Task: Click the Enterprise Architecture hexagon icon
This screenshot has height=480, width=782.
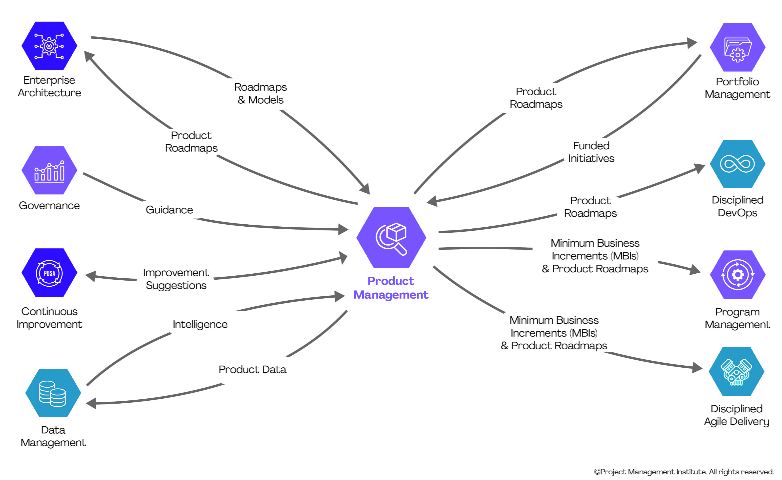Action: (x=49, y=46)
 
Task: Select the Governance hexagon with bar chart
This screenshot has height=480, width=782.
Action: (x=49, y=170)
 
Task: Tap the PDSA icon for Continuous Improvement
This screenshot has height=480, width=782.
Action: (x=49, y=273)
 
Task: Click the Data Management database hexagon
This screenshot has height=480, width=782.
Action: (x=53, y=393)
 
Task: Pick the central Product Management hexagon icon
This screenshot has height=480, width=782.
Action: (x=391, y=238)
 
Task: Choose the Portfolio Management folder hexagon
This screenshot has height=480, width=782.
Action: (x=737, y=47)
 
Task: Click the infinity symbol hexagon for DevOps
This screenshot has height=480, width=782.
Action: (x=737, y=164)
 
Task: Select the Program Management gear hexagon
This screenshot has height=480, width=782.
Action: (x=737, y=275)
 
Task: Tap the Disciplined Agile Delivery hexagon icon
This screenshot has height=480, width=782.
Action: (x=736, y=372)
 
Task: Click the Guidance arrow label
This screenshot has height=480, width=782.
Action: (x=169, y=210)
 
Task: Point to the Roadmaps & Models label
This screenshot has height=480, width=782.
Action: (x=260, y=93)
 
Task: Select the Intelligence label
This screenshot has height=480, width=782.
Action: (x=200, y=324)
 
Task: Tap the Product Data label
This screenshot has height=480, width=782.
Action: (x=252, y=369)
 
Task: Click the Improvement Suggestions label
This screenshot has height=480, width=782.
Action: (x=176, y=279)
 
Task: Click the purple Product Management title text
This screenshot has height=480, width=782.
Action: (x=391, y=288)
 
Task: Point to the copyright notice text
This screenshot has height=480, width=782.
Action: (x=684, y=472)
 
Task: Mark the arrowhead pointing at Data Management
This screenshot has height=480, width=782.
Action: (x=91, y=403)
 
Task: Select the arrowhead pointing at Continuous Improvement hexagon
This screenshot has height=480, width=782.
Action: (x=91, y=276)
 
